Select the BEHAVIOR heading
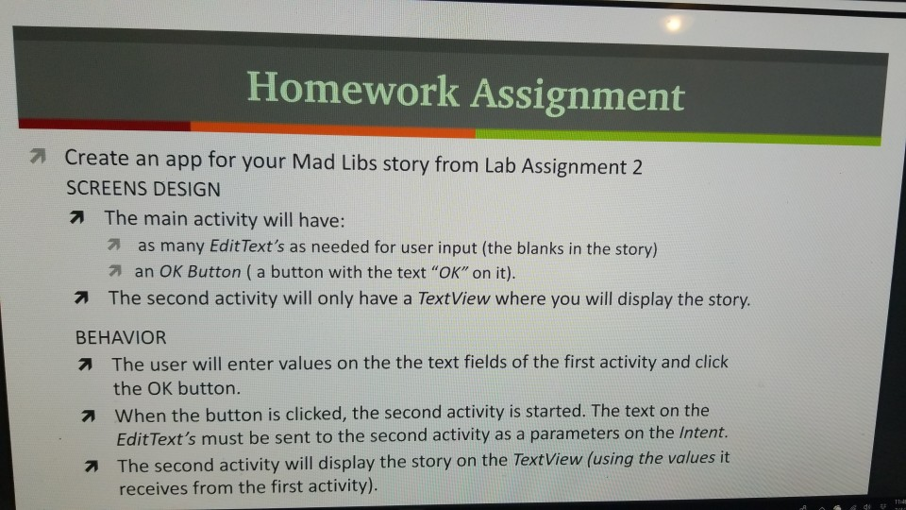(120, 337)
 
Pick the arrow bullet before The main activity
(82, 218)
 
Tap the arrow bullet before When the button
(91, 414)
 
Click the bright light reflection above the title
(671, 25)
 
